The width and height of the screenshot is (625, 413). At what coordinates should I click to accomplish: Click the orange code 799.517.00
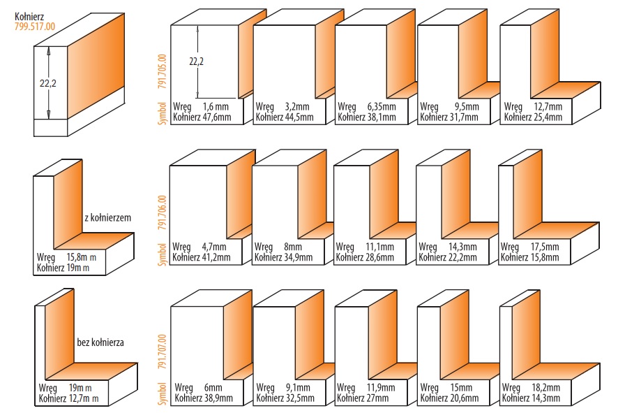(x=35, y=27)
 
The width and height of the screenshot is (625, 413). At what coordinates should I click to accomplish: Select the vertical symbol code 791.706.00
(x=163, y=212)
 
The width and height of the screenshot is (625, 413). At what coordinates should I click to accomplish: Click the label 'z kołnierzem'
(x=107, y=217)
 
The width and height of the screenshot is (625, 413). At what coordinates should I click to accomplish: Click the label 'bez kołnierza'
(x=100, y=343)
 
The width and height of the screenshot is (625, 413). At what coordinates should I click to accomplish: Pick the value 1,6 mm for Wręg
(x=216, y=106)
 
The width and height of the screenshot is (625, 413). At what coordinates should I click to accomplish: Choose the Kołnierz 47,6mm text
(x=203, y=117)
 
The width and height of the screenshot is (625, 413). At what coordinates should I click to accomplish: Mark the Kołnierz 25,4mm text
(x=532, y=117)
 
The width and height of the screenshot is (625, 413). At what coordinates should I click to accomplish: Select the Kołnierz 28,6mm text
(x=366, y=257)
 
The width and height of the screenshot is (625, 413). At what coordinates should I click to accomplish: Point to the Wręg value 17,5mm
(x=545, y=247)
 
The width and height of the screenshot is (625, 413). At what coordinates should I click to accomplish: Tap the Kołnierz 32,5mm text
(x=285, y=398)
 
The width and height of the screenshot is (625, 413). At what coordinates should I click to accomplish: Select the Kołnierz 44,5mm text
(x=285, y=117)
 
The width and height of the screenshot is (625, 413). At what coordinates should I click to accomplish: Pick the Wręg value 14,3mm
(x=463, y=247)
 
